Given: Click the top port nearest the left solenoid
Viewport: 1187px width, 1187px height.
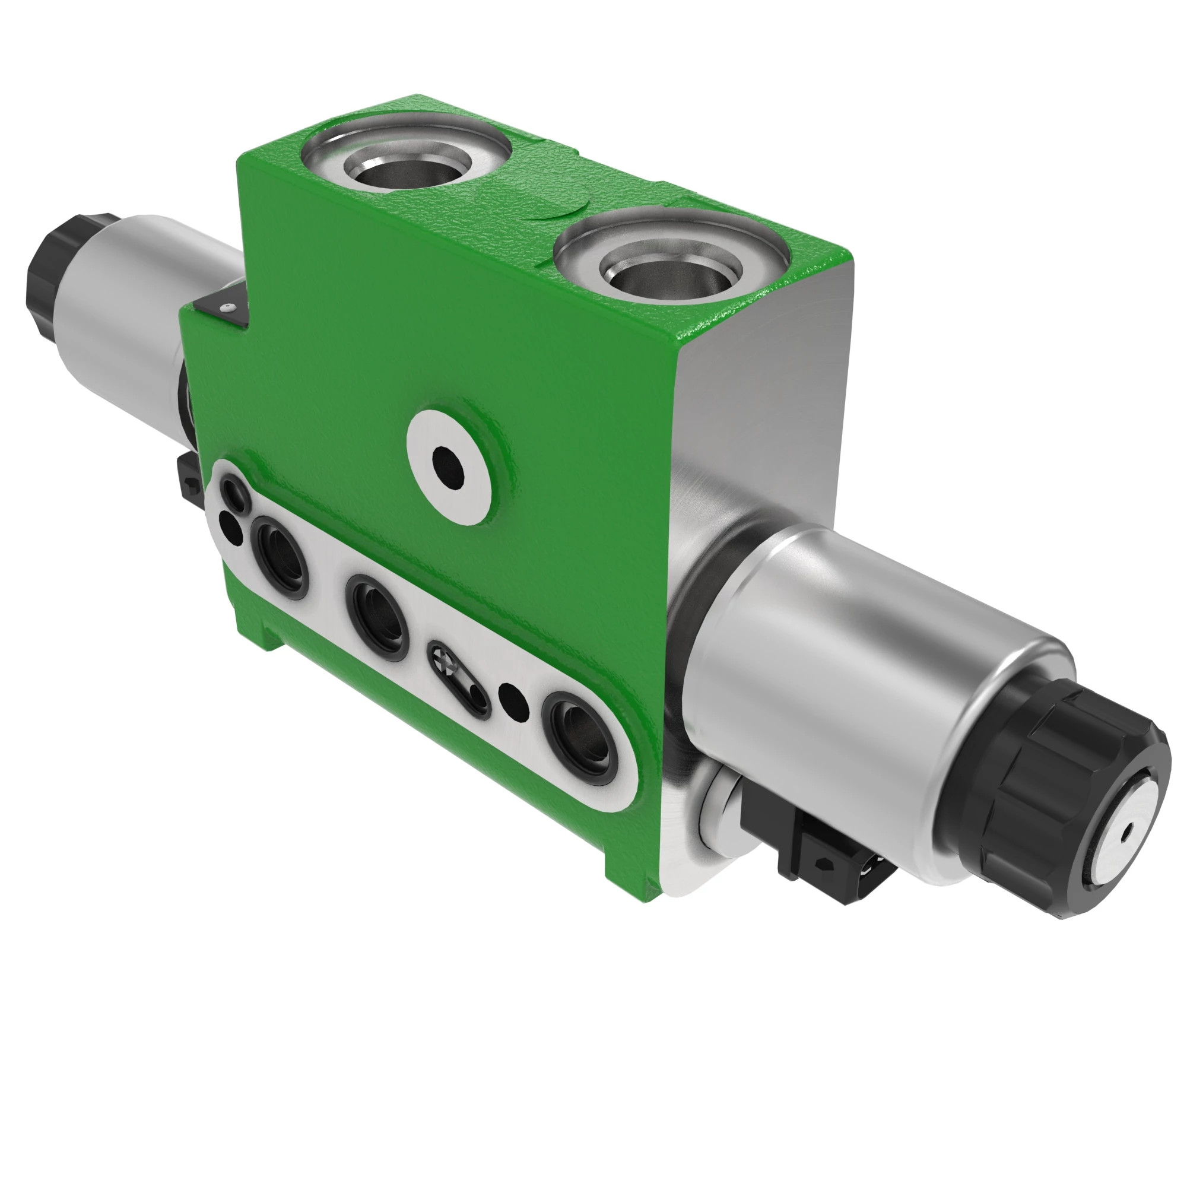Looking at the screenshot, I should pos(407,167).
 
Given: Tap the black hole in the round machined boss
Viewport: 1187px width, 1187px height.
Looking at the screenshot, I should pos(449,467).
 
